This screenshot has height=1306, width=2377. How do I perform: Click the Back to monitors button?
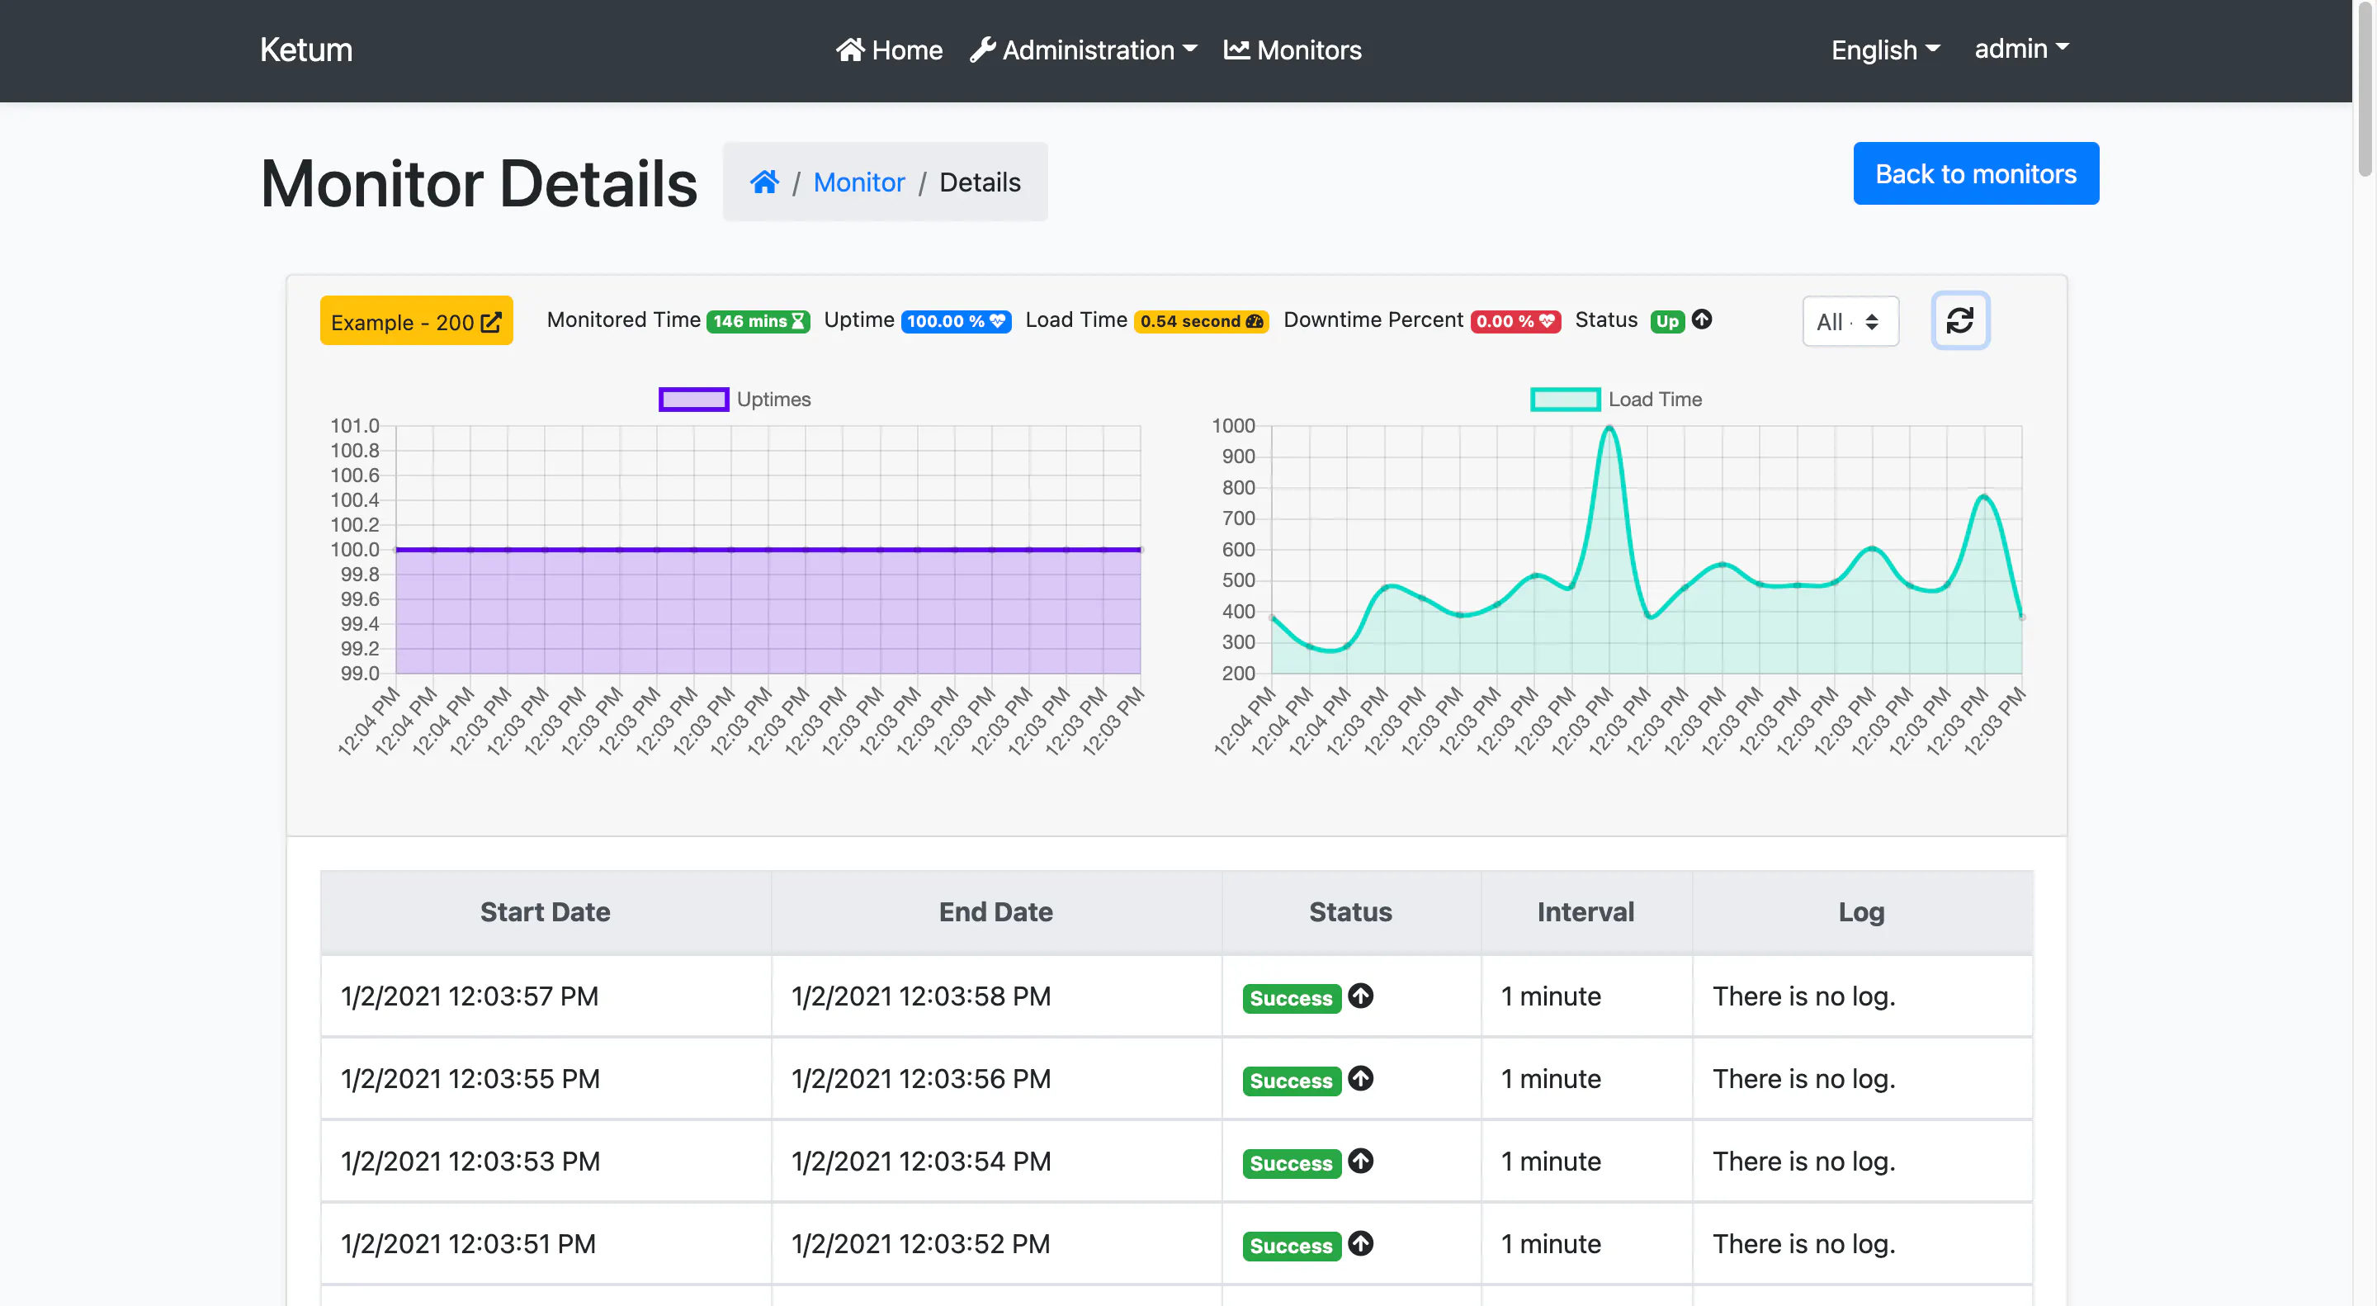point(1976,173)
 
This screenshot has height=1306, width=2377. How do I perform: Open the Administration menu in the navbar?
point(1084,50)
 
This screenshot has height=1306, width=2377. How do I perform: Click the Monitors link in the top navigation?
point(1292,50)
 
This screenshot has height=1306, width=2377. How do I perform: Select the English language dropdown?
point(1885,50)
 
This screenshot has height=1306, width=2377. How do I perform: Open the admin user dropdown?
point(2020,48)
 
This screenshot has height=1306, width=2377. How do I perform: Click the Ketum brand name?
point(306,50)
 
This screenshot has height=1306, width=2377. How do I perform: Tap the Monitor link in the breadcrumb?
point(858,182)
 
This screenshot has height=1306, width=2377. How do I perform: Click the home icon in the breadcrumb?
point(764,182)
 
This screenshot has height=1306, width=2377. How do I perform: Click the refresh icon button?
point(1960,320)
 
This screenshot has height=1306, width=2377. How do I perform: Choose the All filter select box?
point(1850,321)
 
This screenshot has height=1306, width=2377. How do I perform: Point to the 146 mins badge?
point(758,321)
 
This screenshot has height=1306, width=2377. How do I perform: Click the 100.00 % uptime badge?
point(955,321)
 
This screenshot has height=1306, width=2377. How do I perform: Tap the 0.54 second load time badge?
point(1202,321)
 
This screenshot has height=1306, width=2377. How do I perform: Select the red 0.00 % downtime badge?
point(1515,321)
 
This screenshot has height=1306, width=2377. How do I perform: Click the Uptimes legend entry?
point(735,400)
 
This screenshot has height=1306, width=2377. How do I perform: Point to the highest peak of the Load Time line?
point(1609,428)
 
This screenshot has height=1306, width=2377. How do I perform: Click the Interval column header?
point(1585,912)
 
